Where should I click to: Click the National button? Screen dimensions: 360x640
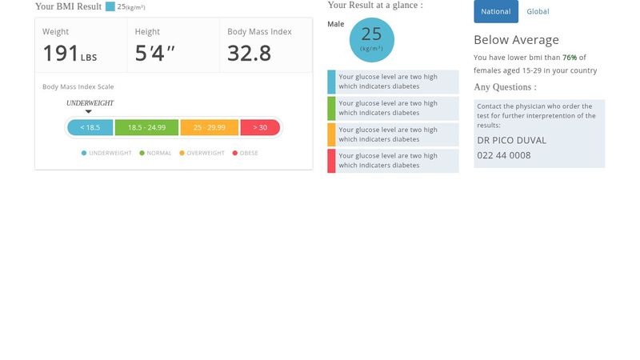(496, 11)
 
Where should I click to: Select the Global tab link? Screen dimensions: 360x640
(538, 11)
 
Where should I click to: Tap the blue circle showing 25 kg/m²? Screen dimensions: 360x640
(371, 39)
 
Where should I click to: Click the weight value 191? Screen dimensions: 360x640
(61, 54)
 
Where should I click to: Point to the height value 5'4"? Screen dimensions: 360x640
(155, 54)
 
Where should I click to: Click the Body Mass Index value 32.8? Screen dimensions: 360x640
(249, 54)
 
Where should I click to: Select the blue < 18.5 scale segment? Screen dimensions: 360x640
(90, 127)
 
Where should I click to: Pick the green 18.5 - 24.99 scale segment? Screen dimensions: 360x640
(146, 127)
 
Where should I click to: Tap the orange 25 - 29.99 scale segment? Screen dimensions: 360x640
(209, 127)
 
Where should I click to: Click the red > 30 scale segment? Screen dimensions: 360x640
(260, 127)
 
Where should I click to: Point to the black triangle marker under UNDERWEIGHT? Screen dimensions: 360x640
(89, 112)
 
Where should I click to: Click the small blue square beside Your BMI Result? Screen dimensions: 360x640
(110, 6)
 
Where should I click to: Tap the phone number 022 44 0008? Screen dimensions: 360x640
(504, 155)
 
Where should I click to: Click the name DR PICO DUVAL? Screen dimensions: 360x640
(511, 140)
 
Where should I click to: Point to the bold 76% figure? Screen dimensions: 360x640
(570, 58)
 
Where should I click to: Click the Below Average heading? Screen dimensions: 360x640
(516, 40)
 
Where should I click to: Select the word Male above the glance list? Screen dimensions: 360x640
(336, 24)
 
